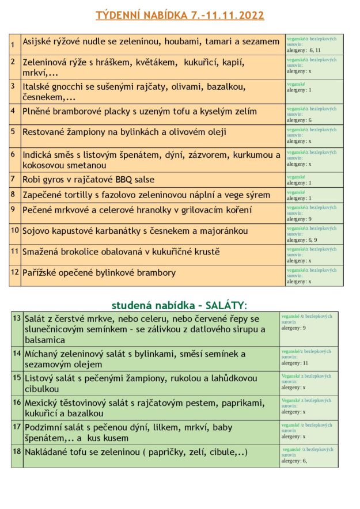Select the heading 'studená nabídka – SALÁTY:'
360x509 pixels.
[179, 305]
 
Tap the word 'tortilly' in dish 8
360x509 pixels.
[85, 195]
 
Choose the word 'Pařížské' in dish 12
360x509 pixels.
[42, 272]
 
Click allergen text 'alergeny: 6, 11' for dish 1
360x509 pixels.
[304, 51]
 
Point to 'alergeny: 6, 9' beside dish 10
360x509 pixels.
[302, 240]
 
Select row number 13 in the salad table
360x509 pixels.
[17, 318]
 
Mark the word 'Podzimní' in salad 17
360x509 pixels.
[46, 427]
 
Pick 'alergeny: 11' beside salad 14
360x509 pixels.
[295, 363]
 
